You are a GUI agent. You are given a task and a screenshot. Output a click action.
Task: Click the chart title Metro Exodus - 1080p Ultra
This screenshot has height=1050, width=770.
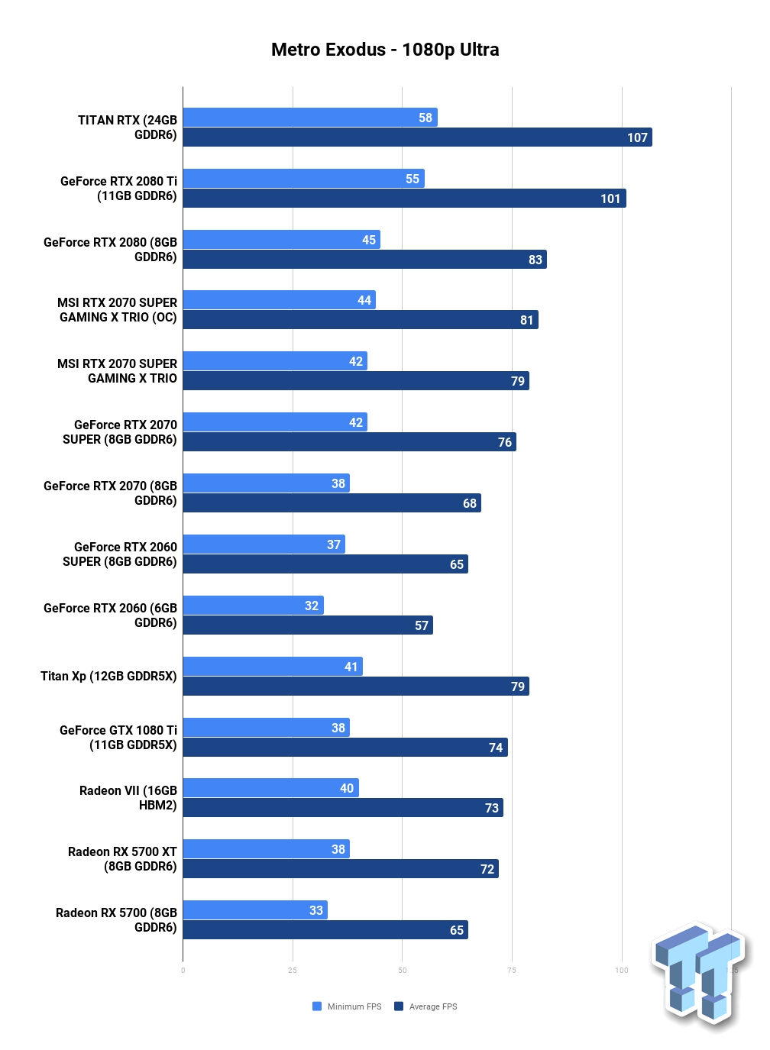click(x=384, y=49)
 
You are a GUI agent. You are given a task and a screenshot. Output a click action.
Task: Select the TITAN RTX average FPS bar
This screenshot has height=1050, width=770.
click(x=417, y=137)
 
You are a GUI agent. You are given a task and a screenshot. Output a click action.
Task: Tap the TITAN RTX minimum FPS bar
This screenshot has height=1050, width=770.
click(x=310, y=117)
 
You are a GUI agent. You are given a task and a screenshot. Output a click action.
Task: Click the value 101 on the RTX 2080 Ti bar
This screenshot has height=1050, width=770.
click(x=610, y=199)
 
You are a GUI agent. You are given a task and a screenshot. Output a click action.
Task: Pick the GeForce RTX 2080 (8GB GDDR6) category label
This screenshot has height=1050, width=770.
click(x=110, y=250)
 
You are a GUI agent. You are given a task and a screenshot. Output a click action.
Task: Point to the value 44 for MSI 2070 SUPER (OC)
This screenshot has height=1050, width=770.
click(x=364, y=300)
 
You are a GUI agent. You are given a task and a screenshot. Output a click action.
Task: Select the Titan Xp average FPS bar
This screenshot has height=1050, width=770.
click(x=356, y=686)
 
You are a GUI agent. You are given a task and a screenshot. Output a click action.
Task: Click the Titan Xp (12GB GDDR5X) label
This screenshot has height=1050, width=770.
click(x=108, y=676)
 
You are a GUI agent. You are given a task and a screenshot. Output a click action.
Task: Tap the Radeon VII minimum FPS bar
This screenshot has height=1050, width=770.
click(x=270, y=787)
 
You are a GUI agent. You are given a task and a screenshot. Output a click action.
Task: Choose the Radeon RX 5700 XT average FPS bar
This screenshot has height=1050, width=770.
click(x=341, y=868)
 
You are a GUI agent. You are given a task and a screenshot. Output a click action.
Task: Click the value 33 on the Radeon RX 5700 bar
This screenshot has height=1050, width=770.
click(x=316, y=909)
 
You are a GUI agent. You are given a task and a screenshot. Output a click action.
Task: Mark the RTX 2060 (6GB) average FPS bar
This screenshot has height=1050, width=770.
click(x=308, y=625)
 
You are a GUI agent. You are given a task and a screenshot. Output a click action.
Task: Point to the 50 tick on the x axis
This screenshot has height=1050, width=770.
click(x=403, y=970)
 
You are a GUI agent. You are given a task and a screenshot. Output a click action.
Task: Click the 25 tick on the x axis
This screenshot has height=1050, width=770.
click(x=293, y=970)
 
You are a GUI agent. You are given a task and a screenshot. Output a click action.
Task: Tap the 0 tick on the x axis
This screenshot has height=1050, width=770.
click(x=183, y=970)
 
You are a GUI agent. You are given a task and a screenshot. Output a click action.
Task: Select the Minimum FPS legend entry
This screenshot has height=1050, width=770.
click(x=347, y=1006)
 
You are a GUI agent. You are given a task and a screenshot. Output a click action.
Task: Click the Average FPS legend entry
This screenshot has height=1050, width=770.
click(x=425, y=1006)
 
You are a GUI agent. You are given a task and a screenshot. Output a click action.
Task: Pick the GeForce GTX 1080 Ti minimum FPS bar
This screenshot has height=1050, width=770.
click(x=266, y=727)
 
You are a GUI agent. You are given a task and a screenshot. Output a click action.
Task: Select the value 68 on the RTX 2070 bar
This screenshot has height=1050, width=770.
click(x=469, y=503)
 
